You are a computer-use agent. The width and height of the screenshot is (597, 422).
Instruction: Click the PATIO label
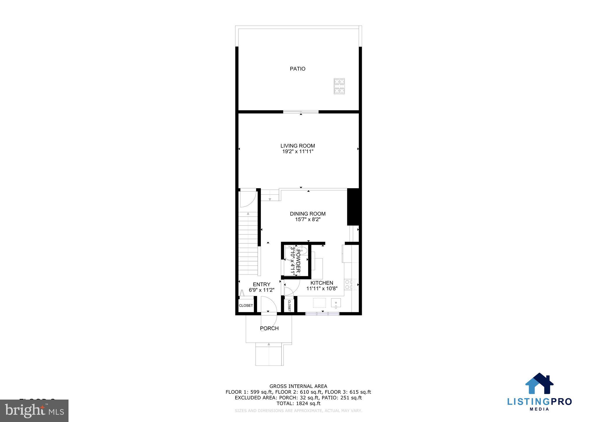(x=297, y=69)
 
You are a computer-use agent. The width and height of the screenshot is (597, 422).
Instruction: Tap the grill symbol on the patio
(x=339, y=86)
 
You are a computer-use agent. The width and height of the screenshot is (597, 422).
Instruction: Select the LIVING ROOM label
(x=298, y=146)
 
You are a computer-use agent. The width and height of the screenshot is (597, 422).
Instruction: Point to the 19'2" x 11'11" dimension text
(x=298, y=152)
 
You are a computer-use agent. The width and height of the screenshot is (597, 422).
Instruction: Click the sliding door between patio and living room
(x=301, y=112)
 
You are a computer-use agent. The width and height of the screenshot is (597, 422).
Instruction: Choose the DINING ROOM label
(x=308, y=214)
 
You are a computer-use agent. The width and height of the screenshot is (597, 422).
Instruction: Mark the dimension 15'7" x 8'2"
(x=308, y=219)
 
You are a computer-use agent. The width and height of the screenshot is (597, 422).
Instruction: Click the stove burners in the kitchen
(x=349, y=284)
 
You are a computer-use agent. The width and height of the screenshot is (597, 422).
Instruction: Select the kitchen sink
(x=336, y=303)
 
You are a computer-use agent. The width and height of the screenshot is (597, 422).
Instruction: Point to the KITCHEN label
(x=322, y=283)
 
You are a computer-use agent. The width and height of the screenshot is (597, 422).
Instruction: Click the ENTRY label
(x=261, y=284)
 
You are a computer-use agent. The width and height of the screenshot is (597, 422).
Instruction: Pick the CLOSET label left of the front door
(x=246, y=305)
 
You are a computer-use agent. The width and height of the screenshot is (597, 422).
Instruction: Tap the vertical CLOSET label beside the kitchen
(x=289, y=305)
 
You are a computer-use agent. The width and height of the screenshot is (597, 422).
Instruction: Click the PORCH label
(x=269, y=328)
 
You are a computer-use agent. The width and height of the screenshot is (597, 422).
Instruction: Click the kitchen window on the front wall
(x=322, y=314)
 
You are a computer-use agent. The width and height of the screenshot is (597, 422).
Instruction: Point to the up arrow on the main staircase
(x=248, y=214)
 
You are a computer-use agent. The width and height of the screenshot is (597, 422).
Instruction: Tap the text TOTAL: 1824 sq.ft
(x=298, y=403)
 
